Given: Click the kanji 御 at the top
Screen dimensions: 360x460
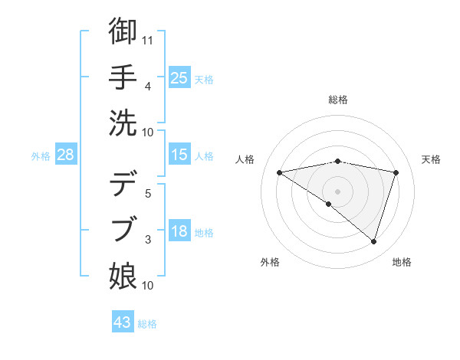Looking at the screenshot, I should coord(123,31).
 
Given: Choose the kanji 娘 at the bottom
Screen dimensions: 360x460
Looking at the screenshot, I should coord(123,273).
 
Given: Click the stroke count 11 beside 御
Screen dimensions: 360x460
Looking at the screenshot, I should coord(148,40).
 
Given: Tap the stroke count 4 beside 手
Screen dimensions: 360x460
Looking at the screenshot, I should coord(148,87).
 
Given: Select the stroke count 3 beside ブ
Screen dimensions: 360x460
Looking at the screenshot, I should coord(148,240).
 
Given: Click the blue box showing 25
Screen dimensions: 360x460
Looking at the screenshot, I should coord(179,77).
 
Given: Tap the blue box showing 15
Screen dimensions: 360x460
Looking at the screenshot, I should coord(179,155).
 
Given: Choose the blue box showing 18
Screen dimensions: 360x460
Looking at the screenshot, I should coord(179,231).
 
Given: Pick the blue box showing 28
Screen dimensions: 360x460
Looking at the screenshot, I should coord(65,155).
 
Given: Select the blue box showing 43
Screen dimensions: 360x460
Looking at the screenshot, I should coord(123,322).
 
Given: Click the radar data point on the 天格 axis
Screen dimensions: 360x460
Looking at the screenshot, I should coord(396,172).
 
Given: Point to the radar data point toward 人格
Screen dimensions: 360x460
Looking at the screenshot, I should coord(279,172).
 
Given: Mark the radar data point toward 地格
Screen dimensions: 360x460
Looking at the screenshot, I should coord(374,242).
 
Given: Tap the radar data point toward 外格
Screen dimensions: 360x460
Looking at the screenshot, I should coord(329,204).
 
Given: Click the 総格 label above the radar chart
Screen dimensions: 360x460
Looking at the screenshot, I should coord(338,100).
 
